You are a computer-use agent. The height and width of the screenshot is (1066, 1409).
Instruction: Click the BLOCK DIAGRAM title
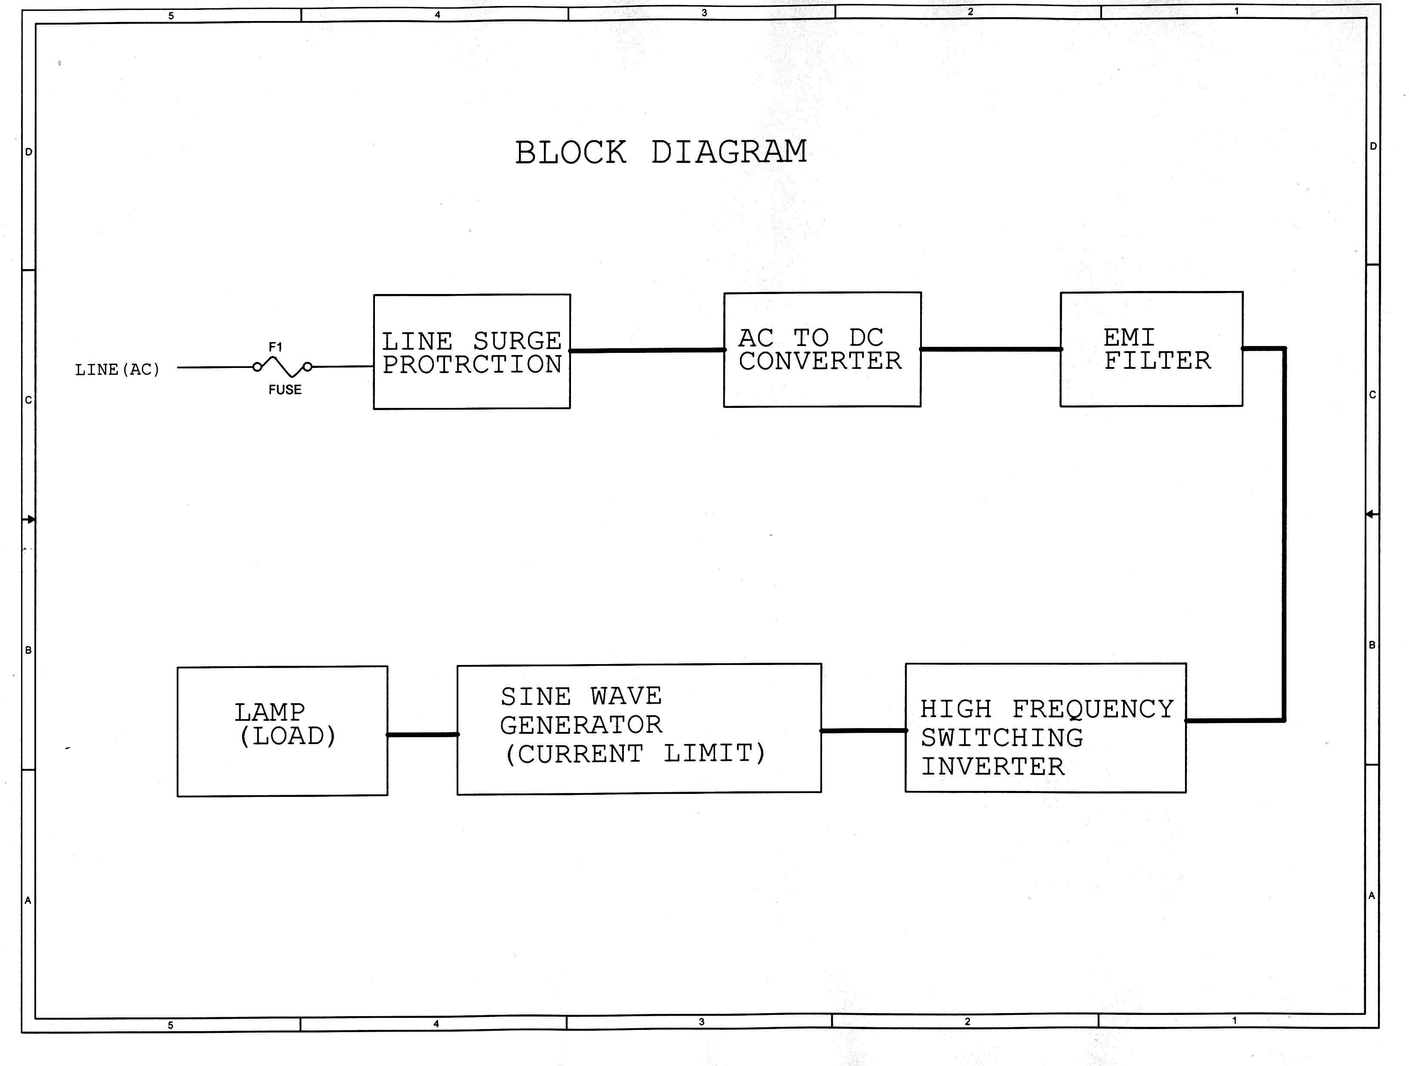660,153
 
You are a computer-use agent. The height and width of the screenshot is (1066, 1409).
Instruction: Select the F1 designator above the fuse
275,347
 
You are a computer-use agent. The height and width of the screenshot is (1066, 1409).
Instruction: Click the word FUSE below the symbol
285,390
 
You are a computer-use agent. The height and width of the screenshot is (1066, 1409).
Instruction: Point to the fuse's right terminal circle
308,367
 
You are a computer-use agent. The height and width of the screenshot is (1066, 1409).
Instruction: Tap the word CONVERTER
820,361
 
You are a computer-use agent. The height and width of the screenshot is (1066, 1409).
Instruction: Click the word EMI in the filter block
1129,337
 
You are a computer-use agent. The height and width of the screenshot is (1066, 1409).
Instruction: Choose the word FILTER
1157,361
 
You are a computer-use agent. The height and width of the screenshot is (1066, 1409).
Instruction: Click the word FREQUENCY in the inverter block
1093,709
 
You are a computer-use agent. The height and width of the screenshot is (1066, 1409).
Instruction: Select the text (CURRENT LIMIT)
635,754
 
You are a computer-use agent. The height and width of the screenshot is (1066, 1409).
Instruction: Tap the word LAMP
270,712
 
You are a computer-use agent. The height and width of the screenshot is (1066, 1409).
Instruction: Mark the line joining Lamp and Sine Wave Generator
422,735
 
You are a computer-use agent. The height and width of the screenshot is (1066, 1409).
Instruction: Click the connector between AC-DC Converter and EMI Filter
991,349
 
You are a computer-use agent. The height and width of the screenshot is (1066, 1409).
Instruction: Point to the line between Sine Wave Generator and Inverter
863,731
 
